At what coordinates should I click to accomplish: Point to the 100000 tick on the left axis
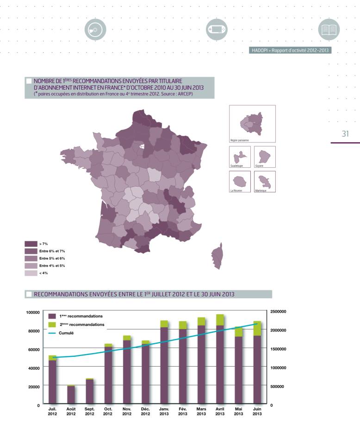[33, 312]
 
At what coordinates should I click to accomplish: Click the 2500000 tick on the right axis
[278, 312]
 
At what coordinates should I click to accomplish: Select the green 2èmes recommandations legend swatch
[52, 325]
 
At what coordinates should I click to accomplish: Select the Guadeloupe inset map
[240, 155]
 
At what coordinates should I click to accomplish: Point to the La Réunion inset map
[240, 180]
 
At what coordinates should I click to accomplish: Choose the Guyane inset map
[265, 155]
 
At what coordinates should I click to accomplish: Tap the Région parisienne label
[239, 140]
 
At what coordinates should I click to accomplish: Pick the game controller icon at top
[215, 30]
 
